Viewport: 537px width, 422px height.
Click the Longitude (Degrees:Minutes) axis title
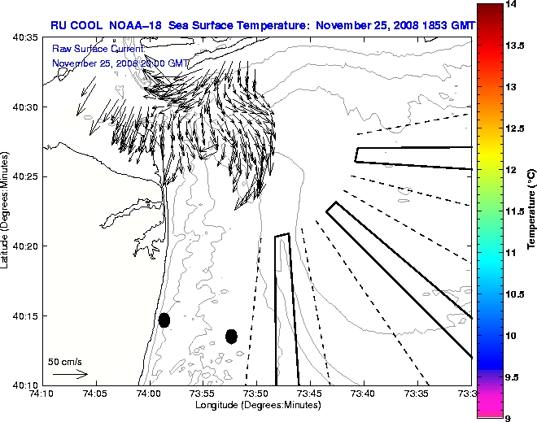256,405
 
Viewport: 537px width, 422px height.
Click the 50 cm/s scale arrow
70,374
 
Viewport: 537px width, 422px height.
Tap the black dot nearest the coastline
164,320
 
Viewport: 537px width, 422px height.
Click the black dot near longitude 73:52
231,336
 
